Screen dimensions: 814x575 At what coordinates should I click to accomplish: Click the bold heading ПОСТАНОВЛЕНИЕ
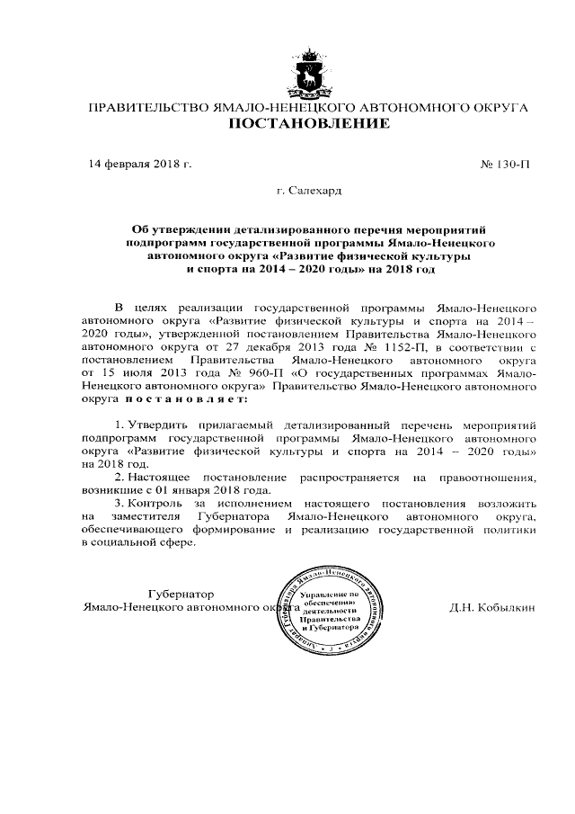tap(308, 124)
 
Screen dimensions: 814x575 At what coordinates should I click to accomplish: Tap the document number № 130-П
tap(507, 164)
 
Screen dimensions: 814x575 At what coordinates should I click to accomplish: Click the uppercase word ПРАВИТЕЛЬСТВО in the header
tap(144, 107)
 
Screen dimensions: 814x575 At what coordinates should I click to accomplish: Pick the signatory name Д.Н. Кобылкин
tap(492, 607)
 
